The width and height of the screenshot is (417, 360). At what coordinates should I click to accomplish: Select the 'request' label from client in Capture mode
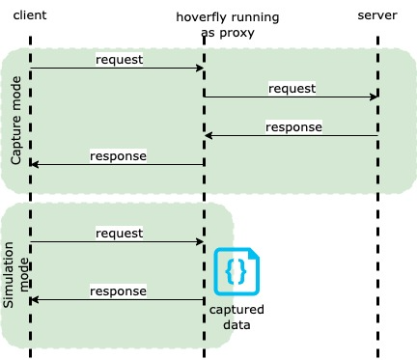coord(119,59)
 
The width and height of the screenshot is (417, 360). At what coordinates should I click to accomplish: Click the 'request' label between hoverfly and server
coord(292,88)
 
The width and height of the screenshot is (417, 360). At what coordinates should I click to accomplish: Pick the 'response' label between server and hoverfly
coord(293,126)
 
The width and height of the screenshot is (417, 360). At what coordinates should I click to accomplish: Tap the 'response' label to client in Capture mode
coord(119,155)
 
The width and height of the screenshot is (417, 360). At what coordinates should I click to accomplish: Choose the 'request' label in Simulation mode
coord(119,233)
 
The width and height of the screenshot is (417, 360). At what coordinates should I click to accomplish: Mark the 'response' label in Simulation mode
coord(119,291)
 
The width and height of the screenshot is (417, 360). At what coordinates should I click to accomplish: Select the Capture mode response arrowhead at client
coord(35,164)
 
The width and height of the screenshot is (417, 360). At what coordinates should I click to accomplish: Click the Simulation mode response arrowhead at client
coord(35,300)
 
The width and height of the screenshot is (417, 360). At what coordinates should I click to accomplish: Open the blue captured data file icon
coord(236,272)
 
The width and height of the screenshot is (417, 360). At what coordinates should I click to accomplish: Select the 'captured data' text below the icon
coord(236,318)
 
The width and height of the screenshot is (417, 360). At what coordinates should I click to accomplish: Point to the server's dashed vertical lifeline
coord(377,212)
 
